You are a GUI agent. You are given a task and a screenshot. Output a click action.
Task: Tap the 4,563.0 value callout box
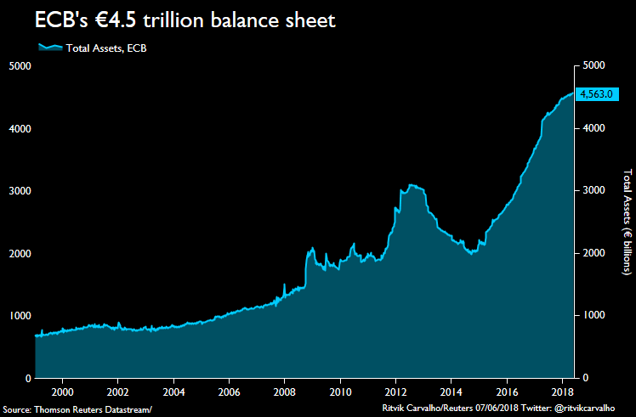point(595,94)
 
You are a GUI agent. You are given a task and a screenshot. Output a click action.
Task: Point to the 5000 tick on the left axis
point(20,65)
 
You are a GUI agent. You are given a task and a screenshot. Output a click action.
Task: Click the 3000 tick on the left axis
point(20,191)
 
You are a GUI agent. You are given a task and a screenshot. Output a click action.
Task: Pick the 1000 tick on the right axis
point(593,315)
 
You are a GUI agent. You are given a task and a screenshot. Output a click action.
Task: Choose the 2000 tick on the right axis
point(593,253)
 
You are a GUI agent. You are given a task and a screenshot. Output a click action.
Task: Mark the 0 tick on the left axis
point(28,378)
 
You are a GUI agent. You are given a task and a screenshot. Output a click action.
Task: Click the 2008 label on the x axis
point(284,392)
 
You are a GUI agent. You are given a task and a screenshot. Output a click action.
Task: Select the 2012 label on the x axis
point(395,392)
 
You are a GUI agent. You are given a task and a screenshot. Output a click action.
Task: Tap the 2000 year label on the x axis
point(62,392)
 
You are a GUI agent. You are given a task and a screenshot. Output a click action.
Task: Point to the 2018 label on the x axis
point(562,392)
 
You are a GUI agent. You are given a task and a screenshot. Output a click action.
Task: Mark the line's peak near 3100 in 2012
point(412,184)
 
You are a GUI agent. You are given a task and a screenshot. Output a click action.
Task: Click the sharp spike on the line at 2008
point(284,285)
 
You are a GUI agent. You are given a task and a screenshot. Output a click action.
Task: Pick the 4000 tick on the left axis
point(20,128)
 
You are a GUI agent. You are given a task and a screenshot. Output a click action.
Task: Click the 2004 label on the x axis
point(173,392)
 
